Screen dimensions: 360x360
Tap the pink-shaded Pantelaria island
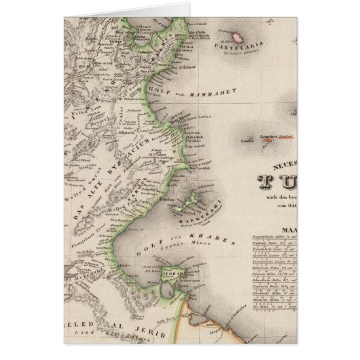[x=237, y=35]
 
